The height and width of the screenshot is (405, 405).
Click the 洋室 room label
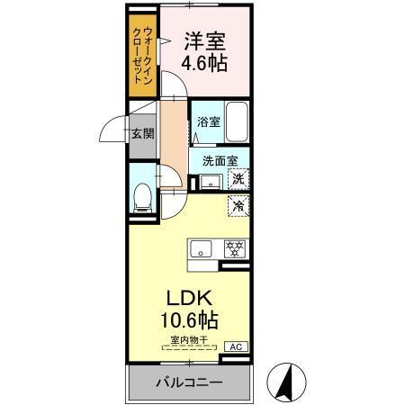point(204,40)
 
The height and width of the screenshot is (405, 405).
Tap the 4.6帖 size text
point(204,64)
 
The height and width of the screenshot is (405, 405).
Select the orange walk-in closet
point(144,54)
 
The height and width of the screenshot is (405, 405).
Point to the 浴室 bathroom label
point(208,121)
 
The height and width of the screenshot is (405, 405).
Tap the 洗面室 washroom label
point(219,162)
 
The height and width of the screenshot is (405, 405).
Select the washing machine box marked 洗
point(238,178)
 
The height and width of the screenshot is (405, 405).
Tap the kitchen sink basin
point(199,248)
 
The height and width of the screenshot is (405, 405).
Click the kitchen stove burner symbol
point(233,248)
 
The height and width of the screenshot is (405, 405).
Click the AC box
point(237,346)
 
